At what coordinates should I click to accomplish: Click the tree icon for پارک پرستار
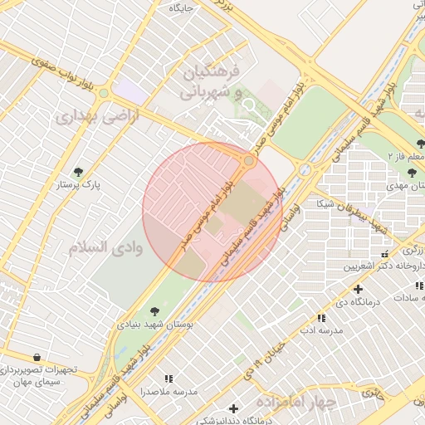(79, 172)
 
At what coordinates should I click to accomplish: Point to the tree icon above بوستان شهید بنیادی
(153, 311)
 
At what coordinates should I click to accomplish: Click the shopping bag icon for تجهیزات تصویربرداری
(36, 357)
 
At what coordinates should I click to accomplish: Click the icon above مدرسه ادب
(321, 317)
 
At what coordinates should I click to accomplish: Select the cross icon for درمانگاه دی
(358, 289)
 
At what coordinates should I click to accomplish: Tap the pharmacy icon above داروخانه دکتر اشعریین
(383, 253)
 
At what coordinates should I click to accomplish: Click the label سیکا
(325, 203)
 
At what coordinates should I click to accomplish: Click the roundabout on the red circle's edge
(249, 160)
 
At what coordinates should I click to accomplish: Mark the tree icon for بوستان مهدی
(412, 173)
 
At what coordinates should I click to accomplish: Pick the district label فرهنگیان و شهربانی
(211, 79)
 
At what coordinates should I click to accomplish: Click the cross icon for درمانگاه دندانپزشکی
(234, 408)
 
